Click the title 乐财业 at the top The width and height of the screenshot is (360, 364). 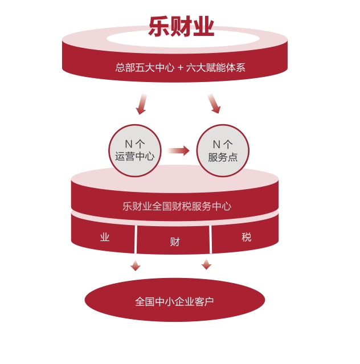coord(181,26)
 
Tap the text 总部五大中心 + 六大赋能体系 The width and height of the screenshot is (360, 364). coord(180,67)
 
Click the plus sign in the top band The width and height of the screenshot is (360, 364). coord(180,67)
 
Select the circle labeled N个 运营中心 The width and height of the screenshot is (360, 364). coord(135,150)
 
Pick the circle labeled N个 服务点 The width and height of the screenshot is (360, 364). coord(223,150)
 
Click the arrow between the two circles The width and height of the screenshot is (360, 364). coord(179,150)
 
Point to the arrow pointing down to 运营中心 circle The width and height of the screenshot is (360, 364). coord(141,104)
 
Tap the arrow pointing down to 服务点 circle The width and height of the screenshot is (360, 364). coord(214,104)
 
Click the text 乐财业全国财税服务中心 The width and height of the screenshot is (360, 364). coord(177,206)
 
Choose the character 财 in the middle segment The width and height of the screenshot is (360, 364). coord(175,242)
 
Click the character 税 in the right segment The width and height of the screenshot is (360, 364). coord(246,237)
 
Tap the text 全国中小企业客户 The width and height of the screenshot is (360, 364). coord(174,301)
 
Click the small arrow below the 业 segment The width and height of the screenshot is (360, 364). coord(136,265)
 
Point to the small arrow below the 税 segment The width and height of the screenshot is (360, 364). coord(206,264)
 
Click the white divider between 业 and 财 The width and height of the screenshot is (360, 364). coord(136,239)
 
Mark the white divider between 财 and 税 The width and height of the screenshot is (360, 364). coord(211,239)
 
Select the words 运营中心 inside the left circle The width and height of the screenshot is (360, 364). coord(135,157)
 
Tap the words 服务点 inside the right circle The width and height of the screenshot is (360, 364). coord(223,157)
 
